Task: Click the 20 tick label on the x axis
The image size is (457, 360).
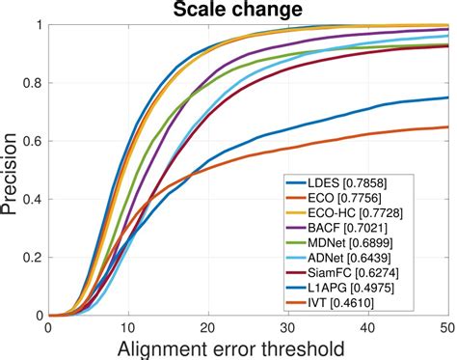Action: pos(208,327)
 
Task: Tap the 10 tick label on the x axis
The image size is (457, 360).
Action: pos(128,327)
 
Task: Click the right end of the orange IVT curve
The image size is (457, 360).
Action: pos(448,127)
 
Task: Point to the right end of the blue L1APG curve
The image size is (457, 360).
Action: pos(448,97)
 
